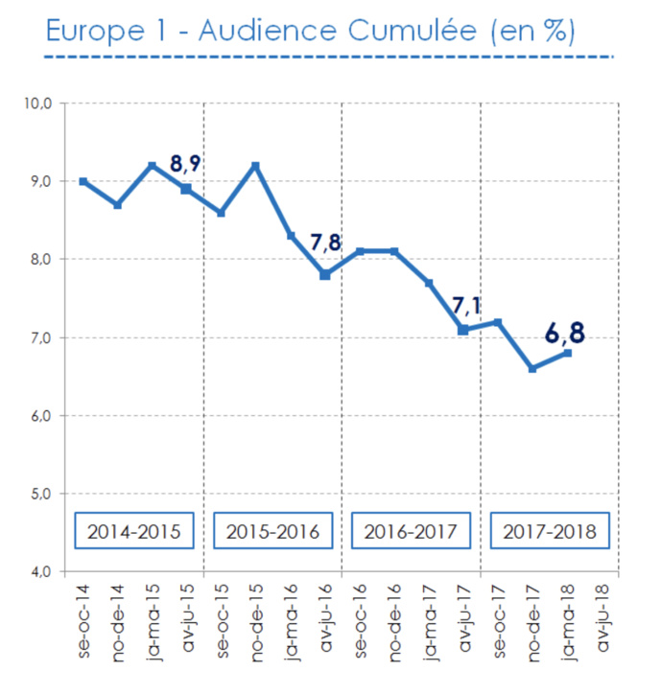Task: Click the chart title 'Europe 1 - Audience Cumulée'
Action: pos(310,30)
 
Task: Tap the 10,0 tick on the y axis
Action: pos(40,104)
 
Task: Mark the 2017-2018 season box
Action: pos(550,530)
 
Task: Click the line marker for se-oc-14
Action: pos(83,181)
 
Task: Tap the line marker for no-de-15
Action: pos(256,166)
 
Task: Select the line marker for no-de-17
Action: pos(532,368)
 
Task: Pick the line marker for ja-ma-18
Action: pos(567,353)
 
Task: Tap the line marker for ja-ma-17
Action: pos(429,283)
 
